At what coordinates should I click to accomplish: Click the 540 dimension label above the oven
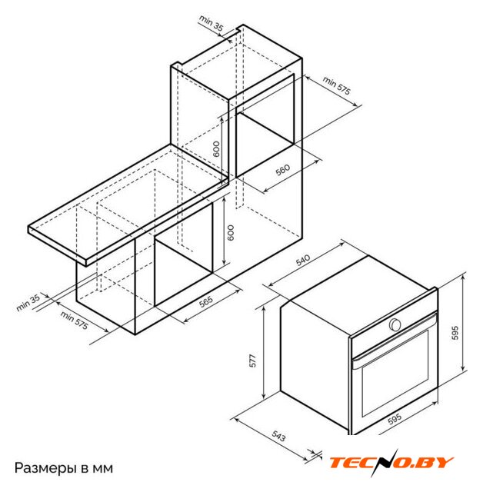click(x=303, y=260)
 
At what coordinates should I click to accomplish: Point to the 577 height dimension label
click(x=252, y=361)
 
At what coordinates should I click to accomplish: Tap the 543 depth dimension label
click(x=278, y=436)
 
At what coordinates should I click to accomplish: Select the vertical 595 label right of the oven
click(x=455, y=333)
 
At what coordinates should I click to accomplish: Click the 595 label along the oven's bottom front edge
click(x=395, y=418)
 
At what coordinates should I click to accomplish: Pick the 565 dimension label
click(x=206, y=301)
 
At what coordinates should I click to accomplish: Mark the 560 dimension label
click(x=283, y=170)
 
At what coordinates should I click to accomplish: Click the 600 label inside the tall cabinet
click(x=216, y=149)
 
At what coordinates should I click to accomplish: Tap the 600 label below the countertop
click(x=231, y=232)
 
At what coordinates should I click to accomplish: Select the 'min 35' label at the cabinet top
click(x=212, y=23)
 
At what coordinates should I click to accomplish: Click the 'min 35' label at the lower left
click(x=28, y=302)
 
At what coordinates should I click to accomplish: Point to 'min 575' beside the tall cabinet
click(x=336, y=85)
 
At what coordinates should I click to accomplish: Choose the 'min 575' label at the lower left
click(x=75, y=321)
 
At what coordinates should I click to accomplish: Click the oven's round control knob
click(x=395, y=324)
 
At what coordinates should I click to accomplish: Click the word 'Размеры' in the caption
click(x=45, y=468)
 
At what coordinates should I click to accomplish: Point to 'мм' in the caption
click(x=103, y=469)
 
